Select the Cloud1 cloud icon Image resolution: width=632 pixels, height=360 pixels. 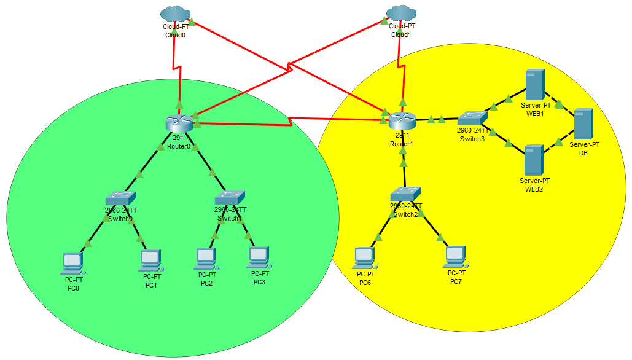[402, 14]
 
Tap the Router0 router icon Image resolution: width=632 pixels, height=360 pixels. [179, 122]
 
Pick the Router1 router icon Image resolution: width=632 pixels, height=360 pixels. [402, 120]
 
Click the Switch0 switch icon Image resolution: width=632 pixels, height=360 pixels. [120, 198]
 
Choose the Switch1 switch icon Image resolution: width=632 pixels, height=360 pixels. [230, 197]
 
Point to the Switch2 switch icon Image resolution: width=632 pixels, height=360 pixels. [405, 193]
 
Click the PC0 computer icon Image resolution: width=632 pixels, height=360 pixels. [73, 264]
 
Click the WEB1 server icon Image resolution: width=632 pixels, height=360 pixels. [535, 85]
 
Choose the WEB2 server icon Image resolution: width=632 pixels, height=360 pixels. [534, 160]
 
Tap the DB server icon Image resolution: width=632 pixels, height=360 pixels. [583, 123]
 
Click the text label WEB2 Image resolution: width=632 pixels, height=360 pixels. [534, 189]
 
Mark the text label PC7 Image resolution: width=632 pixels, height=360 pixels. [455, 281]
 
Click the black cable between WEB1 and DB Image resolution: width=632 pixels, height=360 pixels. [560, 105]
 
